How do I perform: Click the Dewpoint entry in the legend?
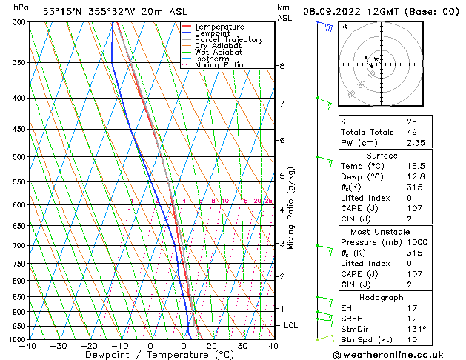click(212, 33)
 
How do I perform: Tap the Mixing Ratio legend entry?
click(219, 65)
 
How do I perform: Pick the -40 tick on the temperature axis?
click(28, 345)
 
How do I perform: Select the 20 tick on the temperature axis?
click(211, 345)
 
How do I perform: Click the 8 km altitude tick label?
click(282, 66)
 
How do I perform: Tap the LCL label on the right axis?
click(291, 325)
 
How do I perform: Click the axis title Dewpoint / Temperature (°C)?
click(150, 355)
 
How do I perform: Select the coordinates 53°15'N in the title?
click(64, 12)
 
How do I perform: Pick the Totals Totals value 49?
click(411, 133)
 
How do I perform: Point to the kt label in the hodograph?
click(344, 27)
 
